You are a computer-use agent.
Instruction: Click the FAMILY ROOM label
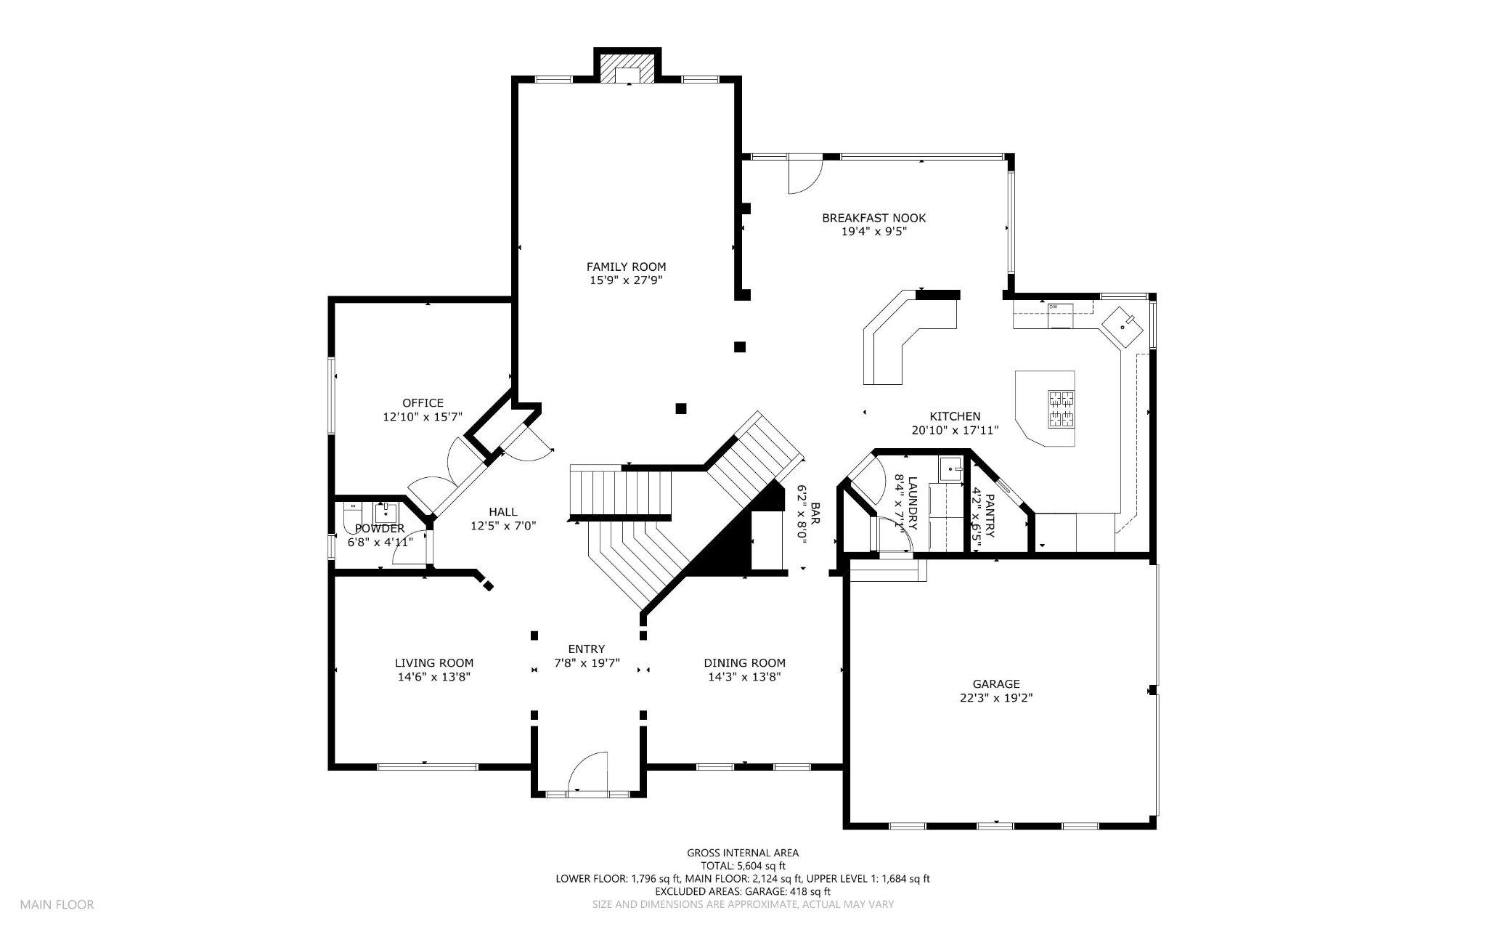coord(626,267)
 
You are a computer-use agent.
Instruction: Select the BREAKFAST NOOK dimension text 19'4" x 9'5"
coord(873,232)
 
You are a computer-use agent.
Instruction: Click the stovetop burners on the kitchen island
coord(1061,408)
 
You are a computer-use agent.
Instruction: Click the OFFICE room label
coord(423,403)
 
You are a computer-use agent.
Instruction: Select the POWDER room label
coord(380,528)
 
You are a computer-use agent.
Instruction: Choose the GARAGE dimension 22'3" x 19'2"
coord(996,698)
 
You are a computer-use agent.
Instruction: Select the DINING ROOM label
coord(744,662)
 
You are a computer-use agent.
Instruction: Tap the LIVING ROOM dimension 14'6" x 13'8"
coord(433,677)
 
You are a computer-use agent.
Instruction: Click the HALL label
coord(502,512)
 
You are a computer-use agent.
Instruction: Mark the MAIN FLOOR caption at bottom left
coord(57,905)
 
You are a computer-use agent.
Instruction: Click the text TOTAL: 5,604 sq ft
coord(743,866)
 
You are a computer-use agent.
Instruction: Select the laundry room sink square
coord(950,469)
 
